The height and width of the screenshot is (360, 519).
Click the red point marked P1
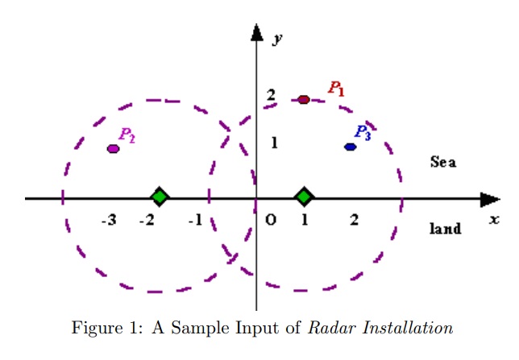coord(304,99)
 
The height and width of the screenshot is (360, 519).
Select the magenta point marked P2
coord(114,148)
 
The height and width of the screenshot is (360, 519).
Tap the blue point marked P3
coord(350,147)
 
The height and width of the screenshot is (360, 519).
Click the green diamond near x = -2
coord(160,197)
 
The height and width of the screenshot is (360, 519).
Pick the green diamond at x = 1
coord(304,197)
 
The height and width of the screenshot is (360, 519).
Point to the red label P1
coord(335,89)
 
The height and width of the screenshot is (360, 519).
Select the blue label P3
coord(363,133)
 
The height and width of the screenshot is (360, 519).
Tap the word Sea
coord(443,162)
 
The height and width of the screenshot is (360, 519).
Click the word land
coord(446,229)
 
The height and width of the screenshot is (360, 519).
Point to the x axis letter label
coord(494,219)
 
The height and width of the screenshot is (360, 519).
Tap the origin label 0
coord(270,221)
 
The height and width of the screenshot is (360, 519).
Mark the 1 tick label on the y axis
coord(274,143)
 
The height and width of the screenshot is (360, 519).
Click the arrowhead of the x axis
coord(490,198)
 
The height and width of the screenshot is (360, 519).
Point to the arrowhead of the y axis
coord(256,32)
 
